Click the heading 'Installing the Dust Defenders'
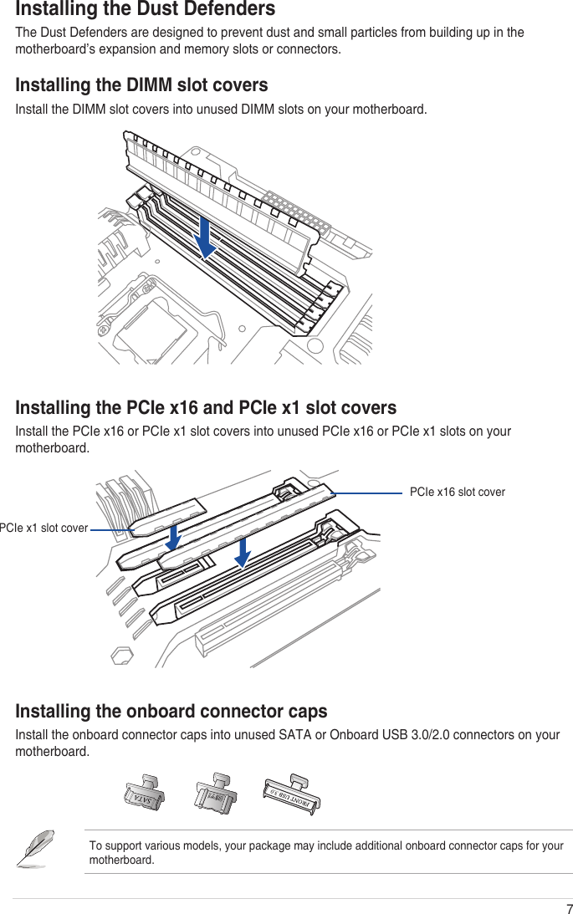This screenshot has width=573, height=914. point(146,10)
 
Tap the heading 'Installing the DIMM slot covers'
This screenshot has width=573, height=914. point(142,85)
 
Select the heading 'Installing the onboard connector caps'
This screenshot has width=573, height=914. point(171,712)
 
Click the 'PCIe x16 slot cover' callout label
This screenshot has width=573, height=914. point(457,492)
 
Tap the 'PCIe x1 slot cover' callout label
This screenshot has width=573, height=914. point(43,528)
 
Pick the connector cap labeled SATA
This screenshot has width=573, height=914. point(143,794)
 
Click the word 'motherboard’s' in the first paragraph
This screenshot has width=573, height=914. point(54,49)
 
